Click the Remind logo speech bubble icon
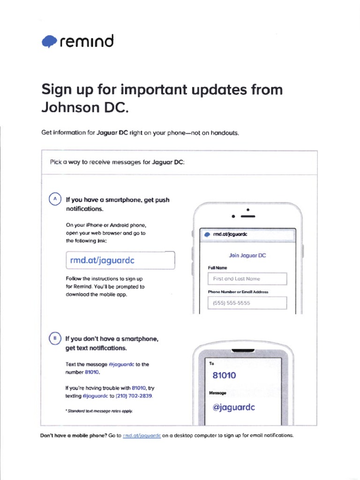tap(49, 42)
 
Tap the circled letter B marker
tap(54, 337)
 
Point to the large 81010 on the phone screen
tap(224, 375)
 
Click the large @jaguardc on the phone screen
tap(233, 407)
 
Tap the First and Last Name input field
tap(247, 278)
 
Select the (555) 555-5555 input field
tap(247, 303)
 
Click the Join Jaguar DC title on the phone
tap(247, 255)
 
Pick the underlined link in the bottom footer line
tap(142, 435)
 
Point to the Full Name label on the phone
tap(217, 268)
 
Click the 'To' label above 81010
tap(211, 363)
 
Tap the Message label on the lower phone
tap(218, 393)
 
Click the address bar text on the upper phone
tap(230, 234)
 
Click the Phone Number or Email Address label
tap(238, 292)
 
